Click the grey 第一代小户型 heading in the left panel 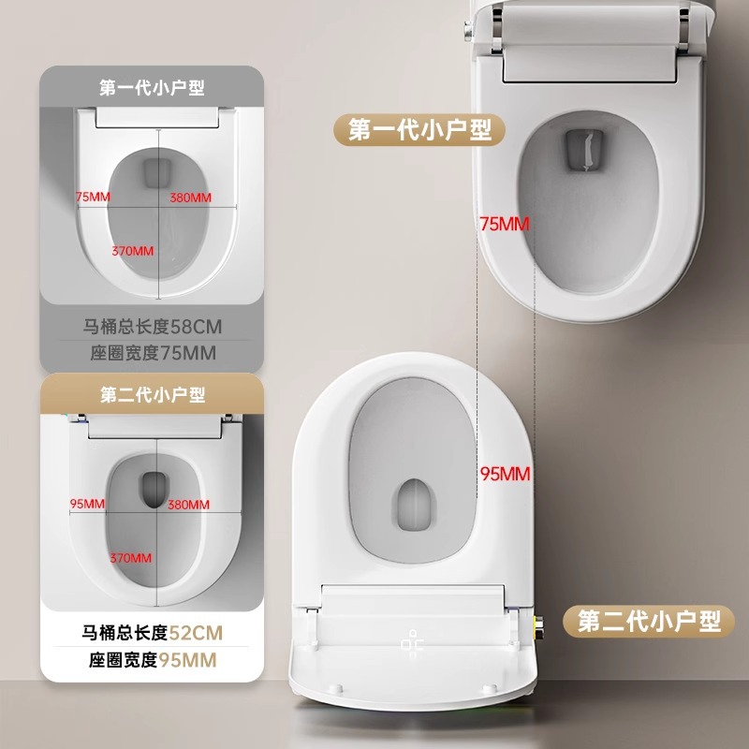(x=152, y=87)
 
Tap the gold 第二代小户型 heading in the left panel (x=153, y=394)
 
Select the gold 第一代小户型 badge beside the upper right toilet (x=419, y=129)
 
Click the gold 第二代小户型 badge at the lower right (x=649, y=621)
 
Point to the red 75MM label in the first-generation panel (x=93, y=197)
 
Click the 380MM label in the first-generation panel (x=191, y=198)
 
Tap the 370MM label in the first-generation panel (x=133, y=251)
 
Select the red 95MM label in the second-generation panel (x=87, y=504)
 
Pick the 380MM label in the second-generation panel (x=189, y=505)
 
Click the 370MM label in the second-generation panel (x=131, y=558)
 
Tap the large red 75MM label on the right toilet (x=505, y=224)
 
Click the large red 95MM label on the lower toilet (x=506, y=474)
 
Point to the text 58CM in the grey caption (x=197, y=327)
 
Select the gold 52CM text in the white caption (x=196, y=633)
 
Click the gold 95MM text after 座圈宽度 (x=188, y=660)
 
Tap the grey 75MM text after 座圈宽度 (x=188, y=353)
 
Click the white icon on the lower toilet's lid (x=412, y=641)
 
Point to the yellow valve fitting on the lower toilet (x=537, y=624)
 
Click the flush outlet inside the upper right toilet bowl (x=584, y=150)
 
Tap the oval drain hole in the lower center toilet (x=414, y=505)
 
